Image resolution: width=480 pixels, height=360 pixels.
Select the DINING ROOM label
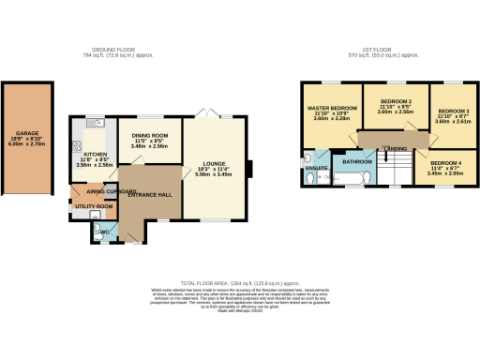point(149,136)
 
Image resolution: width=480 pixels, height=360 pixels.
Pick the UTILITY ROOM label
point(95,205)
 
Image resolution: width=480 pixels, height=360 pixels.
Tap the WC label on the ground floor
point(107,231)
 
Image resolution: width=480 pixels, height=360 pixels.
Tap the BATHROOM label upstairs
point(358,161)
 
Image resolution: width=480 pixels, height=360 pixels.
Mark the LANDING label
point(397,149)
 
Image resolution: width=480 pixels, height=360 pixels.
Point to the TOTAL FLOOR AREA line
point(240,282)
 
